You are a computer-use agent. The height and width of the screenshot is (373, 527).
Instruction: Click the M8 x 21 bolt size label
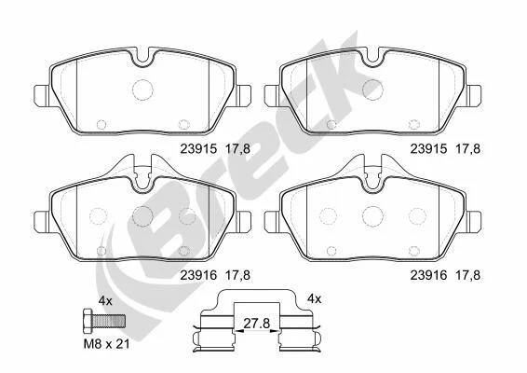click(106, 344)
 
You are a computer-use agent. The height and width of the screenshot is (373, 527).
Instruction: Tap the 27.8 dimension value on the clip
click(257, 324)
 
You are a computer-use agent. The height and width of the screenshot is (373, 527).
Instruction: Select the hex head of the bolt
click(88, 320)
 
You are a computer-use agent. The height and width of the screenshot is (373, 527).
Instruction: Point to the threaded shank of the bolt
click(109, 321)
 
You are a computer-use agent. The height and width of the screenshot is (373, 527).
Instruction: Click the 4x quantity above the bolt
click(105, 300)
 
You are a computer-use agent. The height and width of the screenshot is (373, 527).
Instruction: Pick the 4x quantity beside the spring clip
click(315, 298)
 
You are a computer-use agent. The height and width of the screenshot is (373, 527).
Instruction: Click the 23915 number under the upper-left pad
click(199, 149)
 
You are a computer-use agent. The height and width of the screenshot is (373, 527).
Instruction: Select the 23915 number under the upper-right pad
click(429, 149)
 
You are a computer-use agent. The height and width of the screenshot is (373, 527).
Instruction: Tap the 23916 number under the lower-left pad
click(199, 275)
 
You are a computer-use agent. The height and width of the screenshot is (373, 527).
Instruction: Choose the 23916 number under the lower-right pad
click(429, 275)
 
